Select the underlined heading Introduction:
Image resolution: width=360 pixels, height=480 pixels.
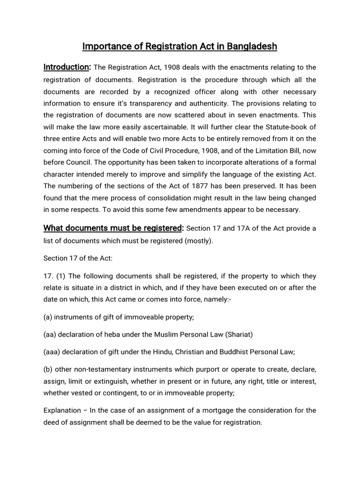67,67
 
